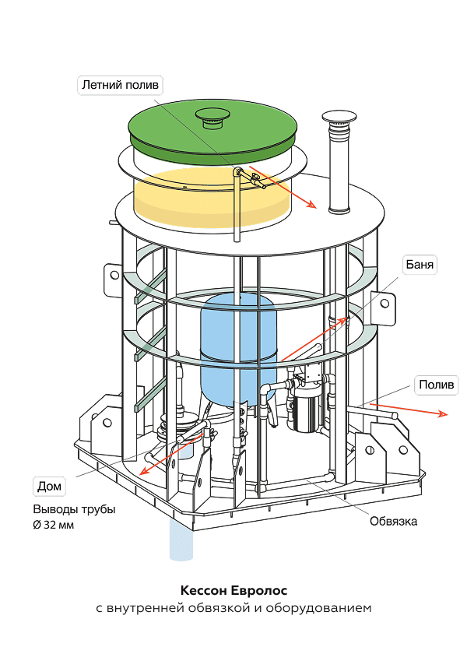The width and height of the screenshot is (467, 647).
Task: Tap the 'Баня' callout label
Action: click(x=419, y=265)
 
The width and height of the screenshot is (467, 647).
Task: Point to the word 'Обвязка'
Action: click(x=393, y=521)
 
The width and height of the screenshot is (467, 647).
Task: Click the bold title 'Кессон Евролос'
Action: click(x=233, y=591)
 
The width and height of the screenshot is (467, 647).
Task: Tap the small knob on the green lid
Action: click(x=212, y=118)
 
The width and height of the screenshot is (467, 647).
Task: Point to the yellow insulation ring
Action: click(x=210, y=199)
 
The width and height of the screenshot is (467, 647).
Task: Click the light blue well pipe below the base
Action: click(x=181, y=537)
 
